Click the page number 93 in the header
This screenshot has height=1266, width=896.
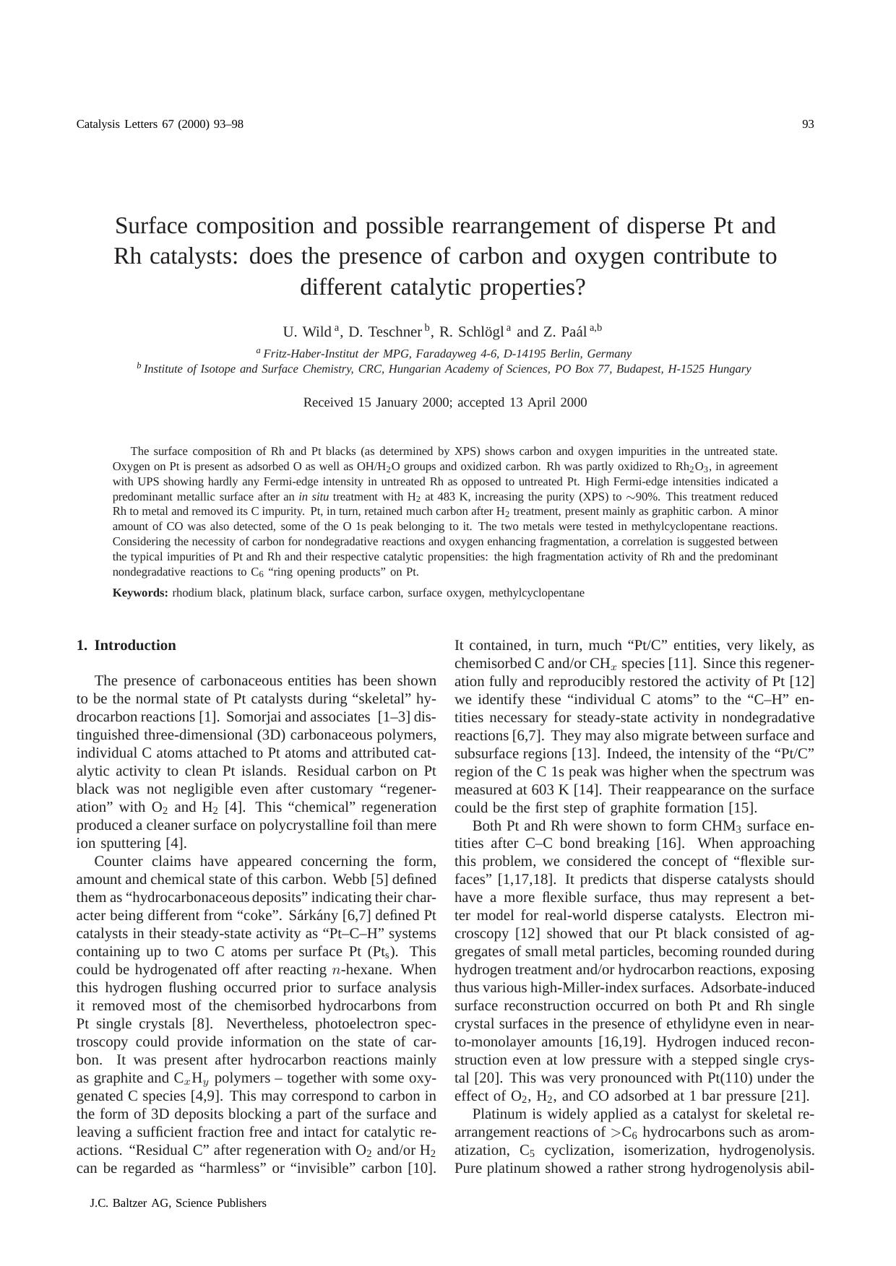coord(808,124)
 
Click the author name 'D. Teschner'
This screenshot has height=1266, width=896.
coord(384,332)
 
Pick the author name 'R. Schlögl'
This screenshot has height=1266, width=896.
coord(471,332)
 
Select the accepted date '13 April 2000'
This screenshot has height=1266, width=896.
coord(548,403)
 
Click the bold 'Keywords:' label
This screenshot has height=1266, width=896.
coord(140,593)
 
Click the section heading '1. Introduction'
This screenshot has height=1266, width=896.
coord(126,646)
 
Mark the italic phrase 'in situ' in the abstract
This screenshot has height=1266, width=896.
coord(314,497)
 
